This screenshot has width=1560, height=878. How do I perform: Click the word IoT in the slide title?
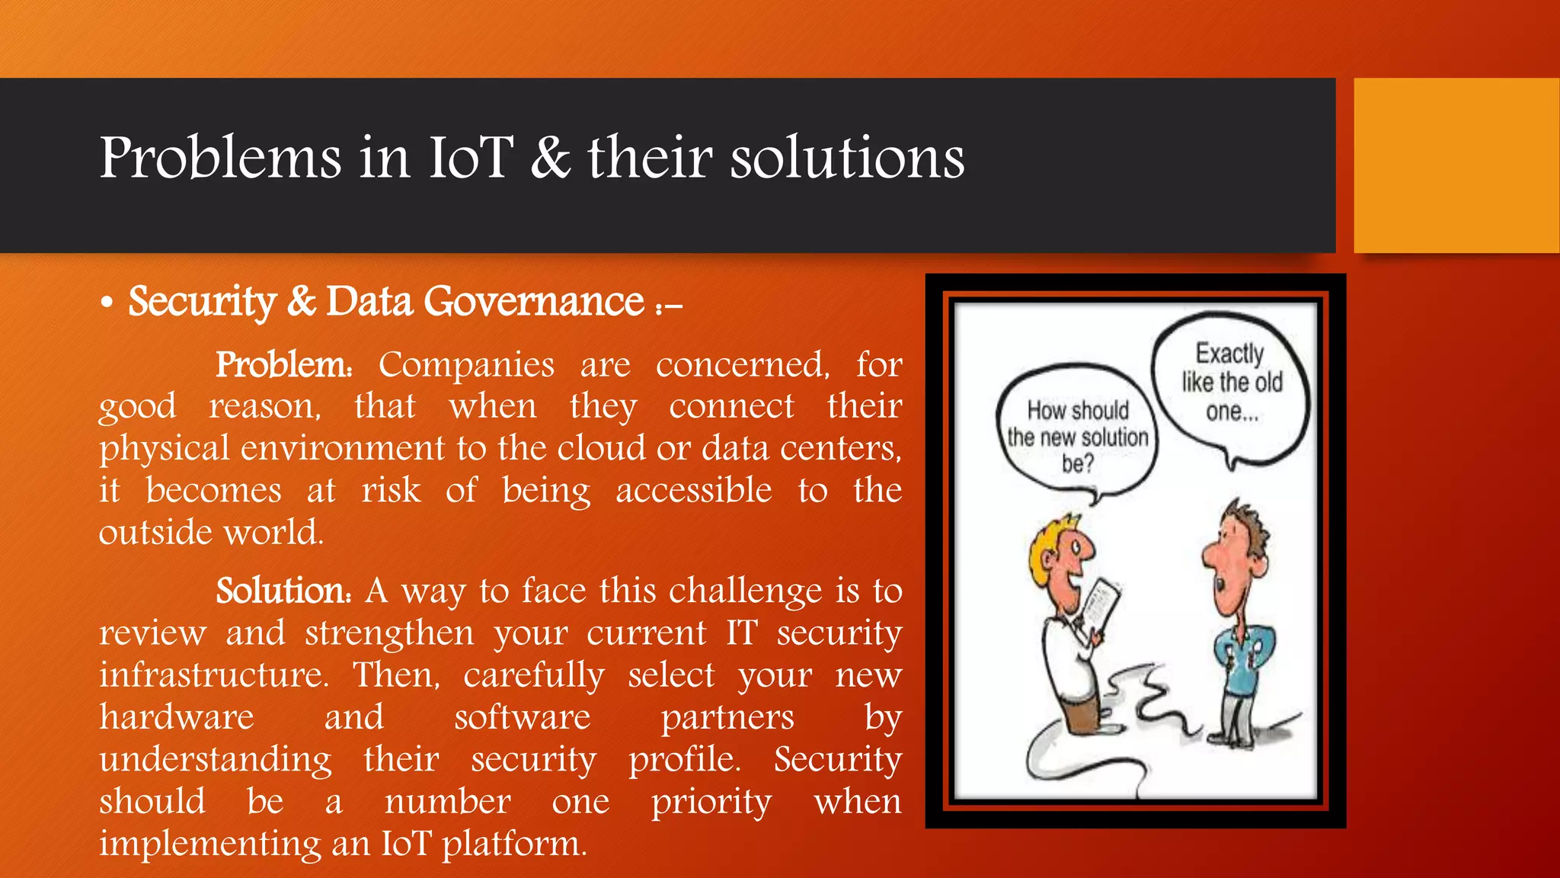[471, 158]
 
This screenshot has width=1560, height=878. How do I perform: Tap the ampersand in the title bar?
[550, 158]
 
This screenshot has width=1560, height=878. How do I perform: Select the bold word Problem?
[284, 364]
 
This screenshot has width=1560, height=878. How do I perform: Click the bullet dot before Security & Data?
[107, 303]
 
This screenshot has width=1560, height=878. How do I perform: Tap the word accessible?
[694, 490]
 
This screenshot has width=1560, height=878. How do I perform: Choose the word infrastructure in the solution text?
[213, 675]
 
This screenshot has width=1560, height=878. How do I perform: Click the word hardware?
[177, 717]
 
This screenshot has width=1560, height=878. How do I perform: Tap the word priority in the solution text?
[711, 802]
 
